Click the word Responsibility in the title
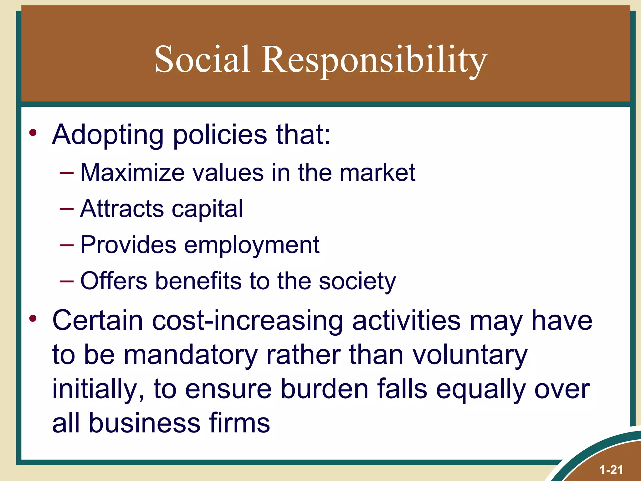[x=374, y=59]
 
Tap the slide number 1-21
[x=611, y=470]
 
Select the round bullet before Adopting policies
[x=33, y=133]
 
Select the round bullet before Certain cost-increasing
[x=33, y=319]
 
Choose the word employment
[x=252, y=245]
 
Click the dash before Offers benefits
[x=66, y=281]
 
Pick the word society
[x=357, y=281]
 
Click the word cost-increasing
[x=248, y=321]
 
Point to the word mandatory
[x=191, y=355]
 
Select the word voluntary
[x=470, y=355]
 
